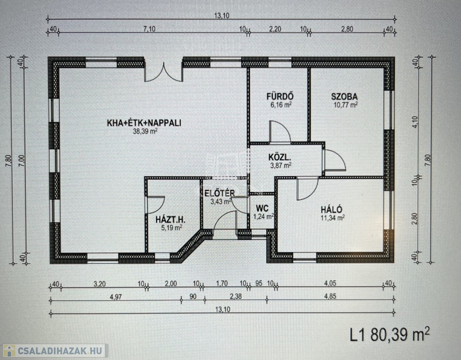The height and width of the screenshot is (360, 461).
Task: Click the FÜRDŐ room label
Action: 280,96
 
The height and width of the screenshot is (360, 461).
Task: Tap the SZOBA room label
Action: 344,97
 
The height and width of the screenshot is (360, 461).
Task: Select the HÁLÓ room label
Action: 331,210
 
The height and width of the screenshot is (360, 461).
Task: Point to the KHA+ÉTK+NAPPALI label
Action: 144,123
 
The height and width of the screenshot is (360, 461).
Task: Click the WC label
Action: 262,208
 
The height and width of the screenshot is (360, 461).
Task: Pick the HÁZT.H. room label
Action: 170,219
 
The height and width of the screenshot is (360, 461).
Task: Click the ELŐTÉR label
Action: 219,193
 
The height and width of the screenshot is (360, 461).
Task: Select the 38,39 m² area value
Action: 145,131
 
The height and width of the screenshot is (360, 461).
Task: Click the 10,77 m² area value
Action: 346,105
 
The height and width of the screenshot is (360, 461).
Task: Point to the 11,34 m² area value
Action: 333,217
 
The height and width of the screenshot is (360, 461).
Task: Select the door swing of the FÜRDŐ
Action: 280,131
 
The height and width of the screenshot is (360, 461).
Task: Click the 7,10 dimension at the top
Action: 149,29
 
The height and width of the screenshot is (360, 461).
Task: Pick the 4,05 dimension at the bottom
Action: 330,283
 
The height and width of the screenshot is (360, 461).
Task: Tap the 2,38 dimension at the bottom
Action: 236,296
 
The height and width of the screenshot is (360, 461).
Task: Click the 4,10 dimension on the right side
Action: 415,122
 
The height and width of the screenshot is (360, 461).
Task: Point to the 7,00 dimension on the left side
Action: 23,161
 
